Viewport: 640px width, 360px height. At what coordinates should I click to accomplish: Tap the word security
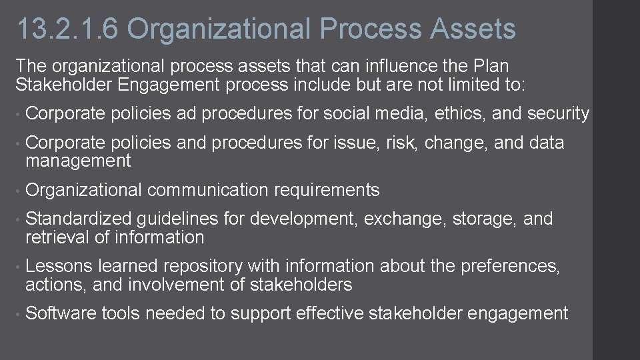pos(558,114)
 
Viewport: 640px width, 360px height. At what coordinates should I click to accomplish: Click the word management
pos(78,161)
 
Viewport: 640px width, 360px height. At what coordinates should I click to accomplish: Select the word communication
pos(207,190)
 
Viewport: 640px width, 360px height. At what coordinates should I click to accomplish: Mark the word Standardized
pos(80,219)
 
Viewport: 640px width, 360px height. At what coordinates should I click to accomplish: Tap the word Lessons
pos(59,267)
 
